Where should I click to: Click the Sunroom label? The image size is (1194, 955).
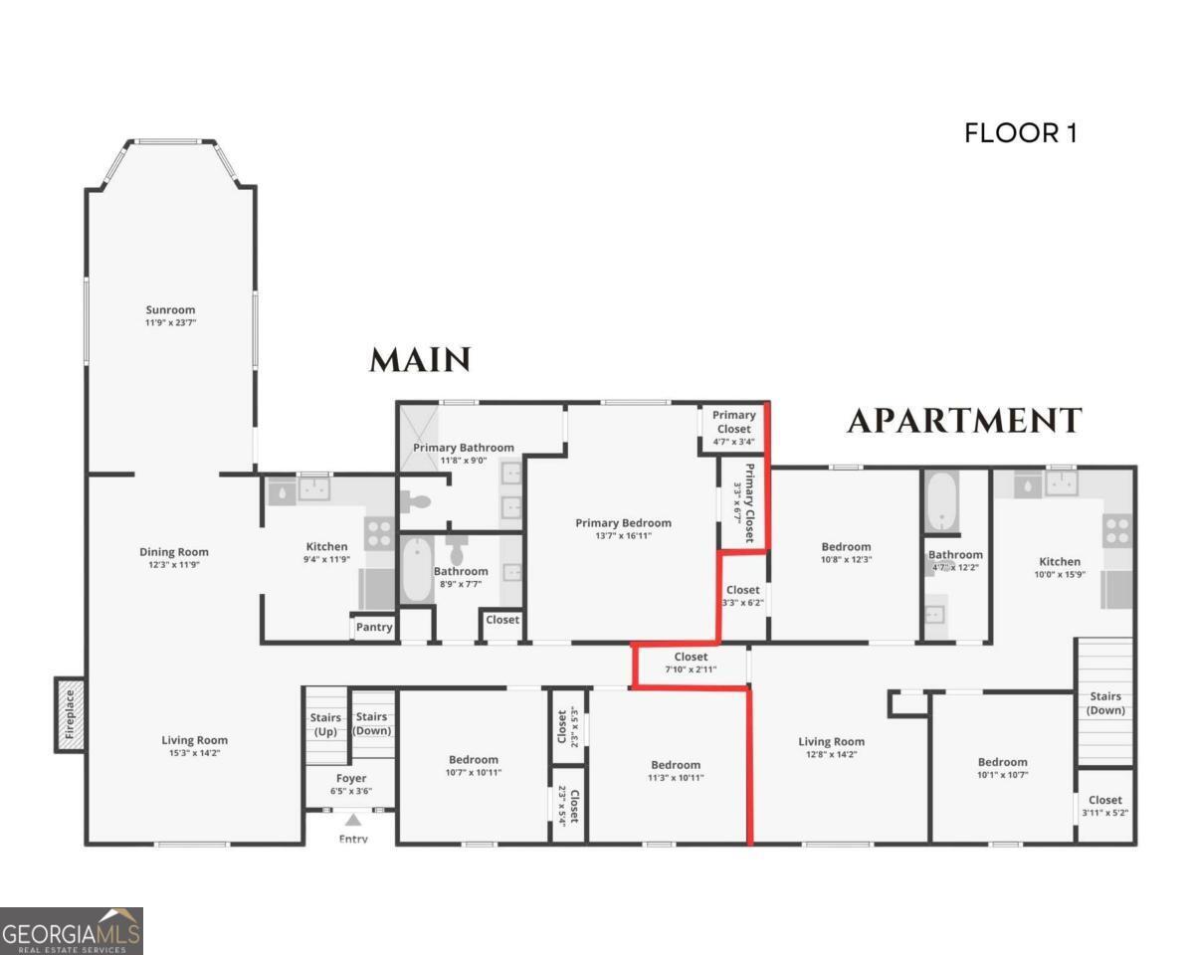[170, 309]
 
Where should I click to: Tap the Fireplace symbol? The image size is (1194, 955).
[69, 714]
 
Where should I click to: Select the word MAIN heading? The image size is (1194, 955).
[419, 360]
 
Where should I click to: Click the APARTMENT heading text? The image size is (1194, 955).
[963, 422]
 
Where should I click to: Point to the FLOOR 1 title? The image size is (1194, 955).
[1020, 133]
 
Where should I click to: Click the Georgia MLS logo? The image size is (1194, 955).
[72, 931]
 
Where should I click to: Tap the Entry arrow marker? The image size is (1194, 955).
[352, 821]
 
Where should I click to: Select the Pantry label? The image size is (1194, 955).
[374, 628]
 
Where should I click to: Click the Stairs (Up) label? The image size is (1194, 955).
[325, 723]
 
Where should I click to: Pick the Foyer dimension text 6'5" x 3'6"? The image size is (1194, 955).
[350, 792]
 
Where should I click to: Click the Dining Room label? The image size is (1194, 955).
[174, 552]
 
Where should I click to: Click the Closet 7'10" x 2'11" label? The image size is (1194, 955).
[691, 657]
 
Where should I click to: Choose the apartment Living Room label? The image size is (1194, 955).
[831, 741]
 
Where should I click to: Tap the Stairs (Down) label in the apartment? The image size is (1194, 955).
[1104, 703]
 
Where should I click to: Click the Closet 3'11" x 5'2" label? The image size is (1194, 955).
[1104, 800]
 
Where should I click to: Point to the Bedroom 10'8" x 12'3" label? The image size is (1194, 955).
[846, 546]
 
